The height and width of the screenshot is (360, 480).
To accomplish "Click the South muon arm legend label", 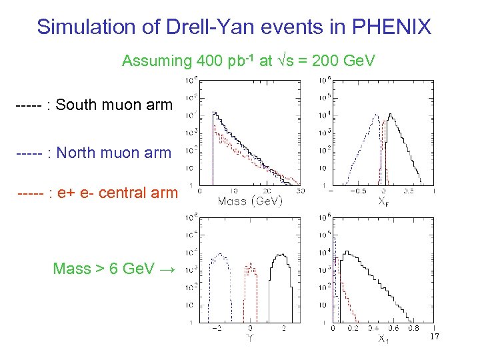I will tap(114, 105).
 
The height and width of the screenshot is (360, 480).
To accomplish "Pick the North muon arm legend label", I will tap(113, 153).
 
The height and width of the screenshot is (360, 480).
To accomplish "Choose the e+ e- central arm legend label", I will tap(117, 193).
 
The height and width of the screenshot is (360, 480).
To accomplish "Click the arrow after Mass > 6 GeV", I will tap(167, 269).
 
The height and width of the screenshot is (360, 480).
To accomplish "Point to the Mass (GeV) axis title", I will tap(250, 200).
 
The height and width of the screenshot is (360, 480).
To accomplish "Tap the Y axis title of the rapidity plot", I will tap(250, 338).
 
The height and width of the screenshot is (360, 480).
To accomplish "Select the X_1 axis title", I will tap(383, 340).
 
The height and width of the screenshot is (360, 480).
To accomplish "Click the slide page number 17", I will tap(433, 338).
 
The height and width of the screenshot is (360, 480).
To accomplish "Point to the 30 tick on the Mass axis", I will tap(299, 190).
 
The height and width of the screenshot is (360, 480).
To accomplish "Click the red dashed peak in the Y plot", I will tap(251, 269).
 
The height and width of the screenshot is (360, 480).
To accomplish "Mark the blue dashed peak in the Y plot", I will tap(218, 257).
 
